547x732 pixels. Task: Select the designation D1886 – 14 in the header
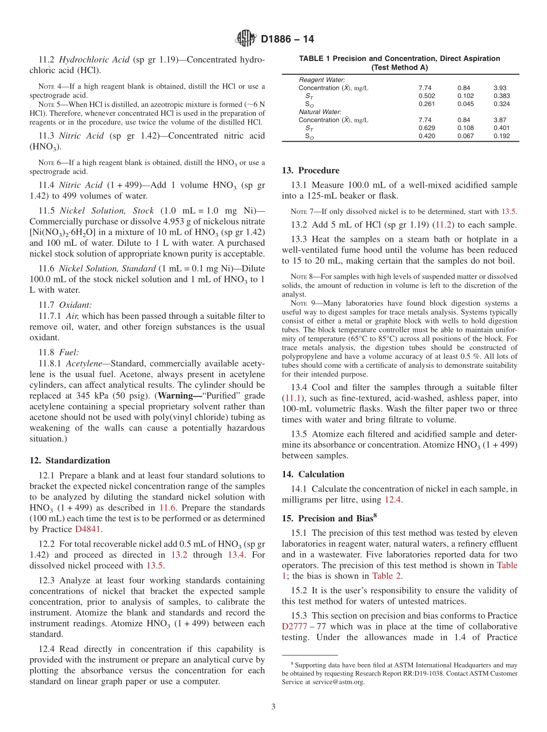point(287,40)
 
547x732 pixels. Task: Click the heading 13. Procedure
point(310,170)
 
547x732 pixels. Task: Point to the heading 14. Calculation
point(313,474)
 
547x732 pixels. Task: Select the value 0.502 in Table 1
point(427,96)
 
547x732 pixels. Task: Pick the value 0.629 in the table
point(427,128)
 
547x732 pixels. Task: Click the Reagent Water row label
point(322,79)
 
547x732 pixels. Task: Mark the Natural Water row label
point(320,112)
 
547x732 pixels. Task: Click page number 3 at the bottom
point(273,707)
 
